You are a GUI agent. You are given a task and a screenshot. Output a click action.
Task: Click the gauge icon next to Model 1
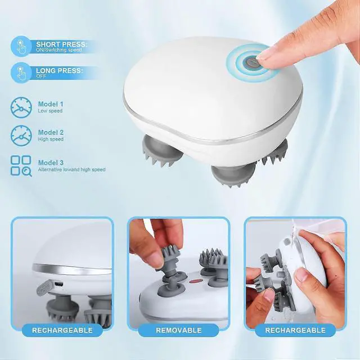pos(20,107)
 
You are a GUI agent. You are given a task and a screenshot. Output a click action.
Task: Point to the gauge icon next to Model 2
pos(20,136)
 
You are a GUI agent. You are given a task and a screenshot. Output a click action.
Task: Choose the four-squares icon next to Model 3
pos(21,165)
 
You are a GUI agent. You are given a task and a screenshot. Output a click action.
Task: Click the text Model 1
pos(51,104)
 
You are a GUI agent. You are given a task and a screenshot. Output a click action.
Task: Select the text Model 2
pos(51,132)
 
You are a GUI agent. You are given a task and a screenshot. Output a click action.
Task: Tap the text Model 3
pos(51,162)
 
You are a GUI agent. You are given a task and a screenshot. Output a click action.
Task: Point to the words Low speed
pos(50,111)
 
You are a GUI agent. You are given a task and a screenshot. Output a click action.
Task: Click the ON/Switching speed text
pos(58,50)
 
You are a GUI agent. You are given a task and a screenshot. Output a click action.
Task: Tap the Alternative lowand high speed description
pos(71,169)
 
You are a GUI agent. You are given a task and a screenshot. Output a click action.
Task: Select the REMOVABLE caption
pos(179,330)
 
